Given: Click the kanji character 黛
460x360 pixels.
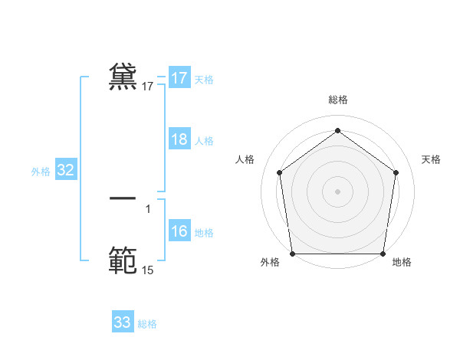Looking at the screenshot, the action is pos(123,77).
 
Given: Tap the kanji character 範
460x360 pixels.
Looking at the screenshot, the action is pos(123,259).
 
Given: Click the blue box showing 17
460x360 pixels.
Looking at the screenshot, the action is pos(179,78).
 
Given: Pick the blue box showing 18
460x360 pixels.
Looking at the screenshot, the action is pos(179,139).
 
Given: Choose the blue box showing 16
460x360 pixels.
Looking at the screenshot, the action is pos(179,232).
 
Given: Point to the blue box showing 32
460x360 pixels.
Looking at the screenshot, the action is pos(66,171).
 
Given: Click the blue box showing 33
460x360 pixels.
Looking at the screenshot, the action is pos(123,322).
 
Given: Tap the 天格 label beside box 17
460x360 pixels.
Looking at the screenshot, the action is pos(204,79).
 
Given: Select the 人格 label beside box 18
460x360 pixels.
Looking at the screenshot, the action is pos(204,141).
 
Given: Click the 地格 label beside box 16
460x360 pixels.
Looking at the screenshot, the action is pos(204,233).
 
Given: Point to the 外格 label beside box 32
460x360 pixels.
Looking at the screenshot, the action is pos(41,172).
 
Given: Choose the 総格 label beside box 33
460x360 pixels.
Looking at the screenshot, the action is pos(147,324).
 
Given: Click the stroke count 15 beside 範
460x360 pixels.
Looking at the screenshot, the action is pos(148,270).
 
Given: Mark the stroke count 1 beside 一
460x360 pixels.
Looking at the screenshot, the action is pos(148,208).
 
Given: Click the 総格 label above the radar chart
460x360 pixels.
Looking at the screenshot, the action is pos(338,100).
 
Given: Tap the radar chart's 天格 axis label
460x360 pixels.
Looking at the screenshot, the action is pos(431,159).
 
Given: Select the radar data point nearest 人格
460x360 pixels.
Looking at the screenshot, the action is pos(280,172).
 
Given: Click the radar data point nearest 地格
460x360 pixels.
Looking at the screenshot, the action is pos(383,254).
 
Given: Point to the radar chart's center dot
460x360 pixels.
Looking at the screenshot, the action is pos(338,191).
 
